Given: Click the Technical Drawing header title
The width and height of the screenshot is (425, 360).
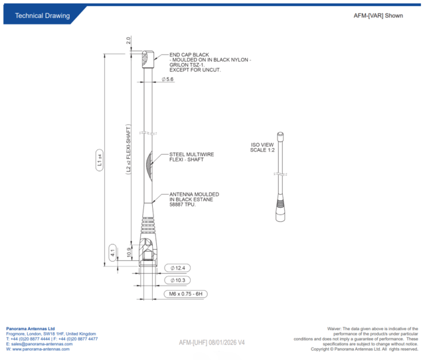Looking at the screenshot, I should [x=42, y=15].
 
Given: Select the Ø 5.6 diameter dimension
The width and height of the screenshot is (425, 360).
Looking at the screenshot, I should [x=167, y=80].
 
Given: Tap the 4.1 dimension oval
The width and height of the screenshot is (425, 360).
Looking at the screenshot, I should [x=113, y=252].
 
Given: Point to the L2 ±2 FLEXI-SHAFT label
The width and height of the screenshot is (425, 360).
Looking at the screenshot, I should [x=129, y=149].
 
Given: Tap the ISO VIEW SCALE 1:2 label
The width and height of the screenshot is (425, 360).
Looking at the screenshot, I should [x=262, y=147].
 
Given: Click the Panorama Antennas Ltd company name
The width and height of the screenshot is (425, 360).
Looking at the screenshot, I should [x=31, y=328].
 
